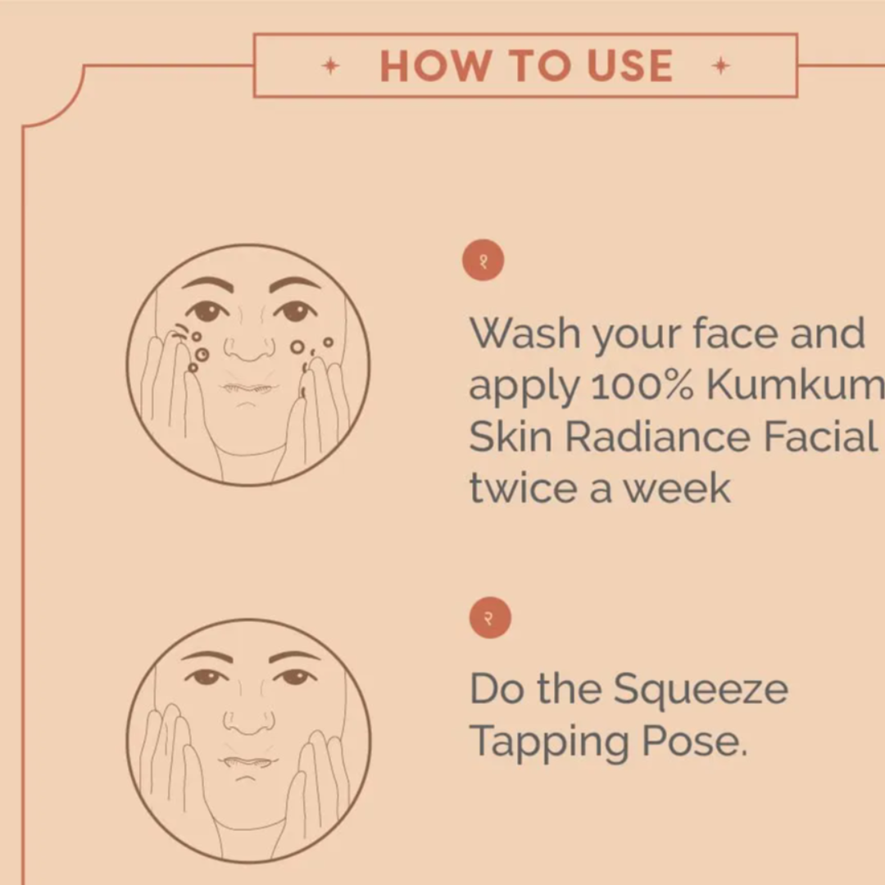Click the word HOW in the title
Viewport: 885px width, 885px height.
pyautogui.click(x=434, y=66)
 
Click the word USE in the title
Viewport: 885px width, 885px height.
pyautogui.click(x=630, y=66)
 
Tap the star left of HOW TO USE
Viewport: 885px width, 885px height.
pyautogui.click(x=331, y=66)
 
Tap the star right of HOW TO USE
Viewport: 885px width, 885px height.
pyautogui.click(x=721, y=66)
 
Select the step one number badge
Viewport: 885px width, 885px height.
pyautogui.click(x=483, y=261)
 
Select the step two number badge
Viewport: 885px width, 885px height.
pyautogui.click(x=490, y=618)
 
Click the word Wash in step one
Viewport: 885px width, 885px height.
pyautogui.click(x=525, y=333)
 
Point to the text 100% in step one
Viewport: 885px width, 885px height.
pyautogui.click(x=642, y=385)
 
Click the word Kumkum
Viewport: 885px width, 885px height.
pyautogui.click(x=795, y=385)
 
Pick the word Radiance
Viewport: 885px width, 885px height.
pyautogui.click(x=658, y=437)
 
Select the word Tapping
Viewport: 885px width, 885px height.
pyautogui.click(x=549, y=742)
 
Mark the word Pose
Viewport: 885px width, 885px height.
pyautogui.click(x=695, y=741)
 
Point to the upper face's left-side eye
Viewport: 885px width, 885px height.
pyautogui.click(x=208, y=311)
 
